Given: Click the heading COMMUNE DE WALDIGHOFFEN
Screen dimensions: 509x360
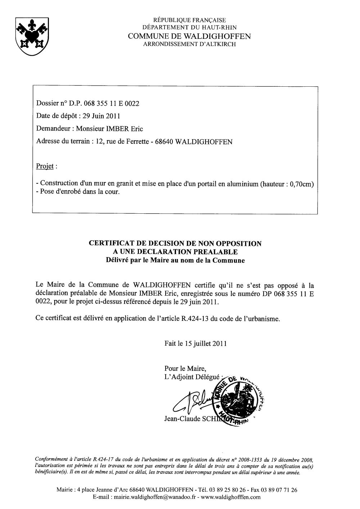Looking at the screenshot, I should [x=189, y=36].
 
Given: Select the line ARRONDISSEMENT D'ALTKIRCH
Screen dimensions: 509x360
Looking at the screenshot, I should [x=189, y=44].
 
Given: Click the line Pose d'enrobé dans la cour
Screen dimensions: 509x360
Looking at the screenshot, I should [x=77, y=192].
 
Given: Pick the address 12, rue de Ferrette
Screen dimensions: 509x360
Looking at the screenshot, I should [x=121, y=142].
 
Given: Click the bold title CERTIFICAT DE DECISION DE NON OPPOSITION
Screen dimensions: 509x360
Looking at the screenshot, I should [x=175, y=244].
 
